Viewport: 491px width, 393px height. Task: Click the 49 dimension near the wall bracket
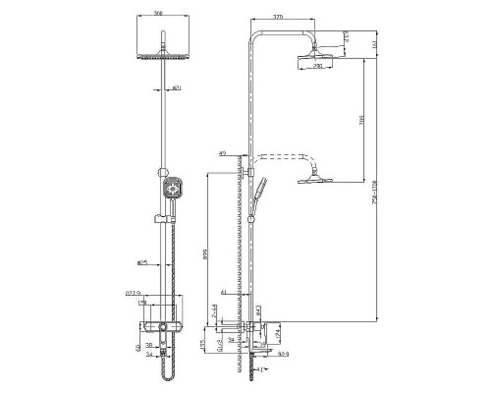224,152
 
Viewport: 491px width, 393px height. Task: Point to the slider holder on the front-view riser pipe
158,215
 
